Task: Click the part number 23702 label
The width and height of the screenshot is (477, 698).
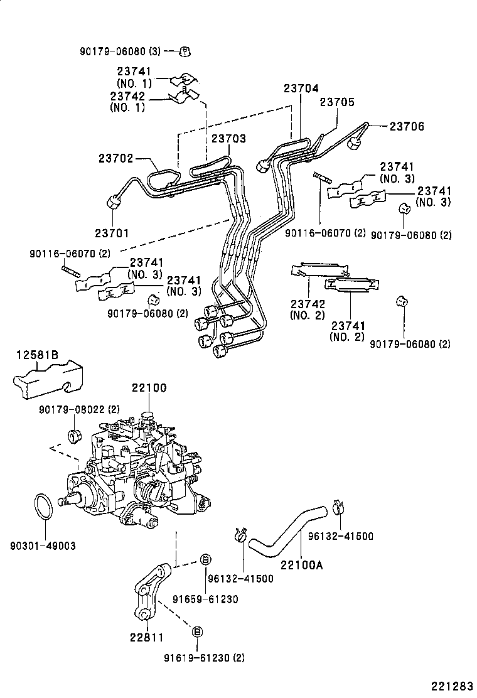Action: [x=115, y=159]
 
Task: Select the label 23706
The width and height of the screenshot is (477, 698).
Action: [x=407, y=127]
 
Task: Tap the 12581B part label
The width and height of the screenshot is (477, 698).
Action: [x=37, y=355]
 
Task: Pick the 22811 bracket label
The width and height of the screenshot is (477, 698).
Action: [x=146, y=637]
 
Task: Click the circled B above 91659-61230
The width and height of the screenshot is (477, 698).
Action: [x=205, y=560]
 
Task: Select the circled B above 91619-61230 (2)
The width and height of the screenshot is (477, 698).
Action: [x=196, y=631]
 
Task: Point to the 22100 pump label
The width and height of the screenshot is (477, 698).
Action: [x=149, y=387]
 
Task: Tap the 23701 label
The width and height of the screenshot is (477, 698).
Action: [x=112, y=233]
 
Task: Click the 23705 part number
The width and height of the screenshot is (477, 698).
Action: [x=337, y=102]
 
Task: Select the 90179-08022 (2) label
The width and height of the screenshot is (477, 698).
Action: [x=78, y=409]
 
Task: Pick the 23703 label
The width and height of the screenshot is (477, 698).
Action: [x=228, y=139]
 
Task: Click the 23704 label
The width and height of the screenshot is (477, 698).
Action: [x=301, y=89]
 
